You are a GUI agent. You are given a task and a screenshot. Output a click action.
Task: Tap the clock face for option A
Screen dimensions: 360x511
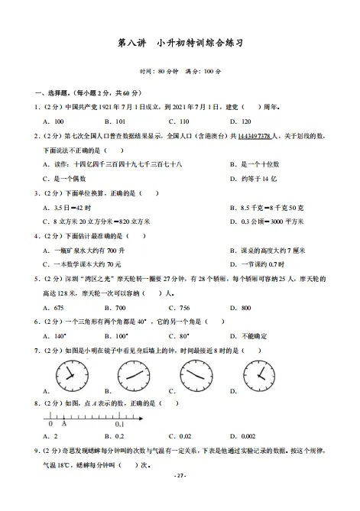(70, 375)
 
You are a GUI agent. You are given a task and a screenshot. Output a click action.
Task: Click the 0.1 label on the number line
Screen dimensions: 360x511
(120, 423)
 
